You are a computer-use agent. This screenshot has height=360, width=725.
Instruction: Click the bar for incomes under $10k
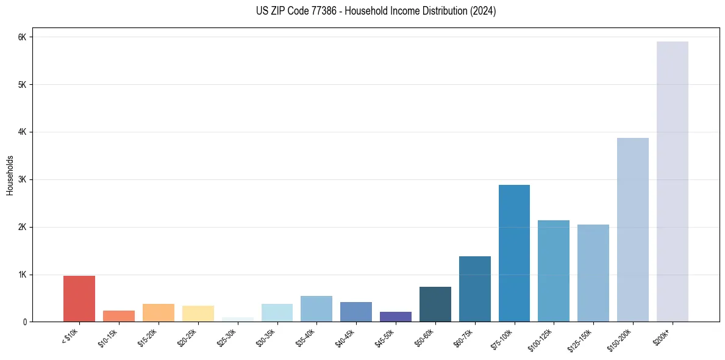(79, 299)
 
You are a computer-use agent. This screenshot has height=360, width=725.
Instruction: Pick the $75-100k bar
(514, 253)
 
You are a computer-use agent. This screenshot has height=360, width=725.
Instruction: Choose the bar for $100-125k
(554, 271)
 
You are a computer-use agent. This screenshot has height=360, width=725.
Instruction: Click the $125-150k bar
(593, 273)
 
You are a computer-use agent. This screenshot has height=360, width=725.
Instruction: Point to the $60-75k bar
(474, 289)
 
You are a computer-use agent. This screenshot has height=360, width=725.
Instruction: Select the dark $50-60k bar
(435, 304)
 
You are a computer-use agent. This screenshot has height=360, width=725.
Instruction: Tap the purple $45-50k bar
(396, 317)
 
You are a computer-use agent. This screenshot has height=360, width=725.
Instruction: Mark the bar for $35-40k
(316, 309)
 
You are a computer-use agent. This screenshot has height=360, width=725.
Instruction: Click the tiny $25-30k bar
(237, 320)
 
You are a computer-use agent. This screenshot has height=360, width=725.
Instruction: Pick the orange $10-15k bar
(119, 316)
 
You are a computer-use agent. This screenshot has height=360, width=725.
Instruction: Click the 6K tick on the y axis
(23, 37)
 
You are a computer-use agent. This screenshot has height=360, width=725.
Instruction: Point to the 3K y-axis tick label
(23, 179)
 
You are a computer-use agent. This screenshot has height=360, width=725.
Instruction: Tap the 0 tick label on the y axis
(24, 322)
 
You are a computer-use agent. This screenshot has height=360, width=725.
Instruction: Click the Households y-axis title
(10, 175)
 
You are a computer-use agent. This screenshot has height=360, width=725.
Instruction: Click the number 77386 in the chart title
(311, 11)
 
